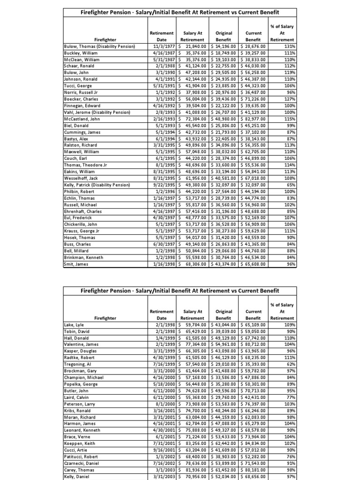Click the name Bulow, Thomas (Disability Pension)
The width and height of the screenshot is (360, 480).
99,46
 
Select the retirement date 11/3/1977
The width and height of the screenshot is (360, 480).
161,46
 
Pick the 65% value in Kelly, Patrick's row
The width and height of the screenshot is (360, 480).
290,185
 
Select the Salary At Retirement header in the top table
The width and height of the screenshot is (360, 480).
193,37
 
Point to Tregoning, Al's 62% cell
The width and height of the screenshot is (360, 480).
290,363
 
